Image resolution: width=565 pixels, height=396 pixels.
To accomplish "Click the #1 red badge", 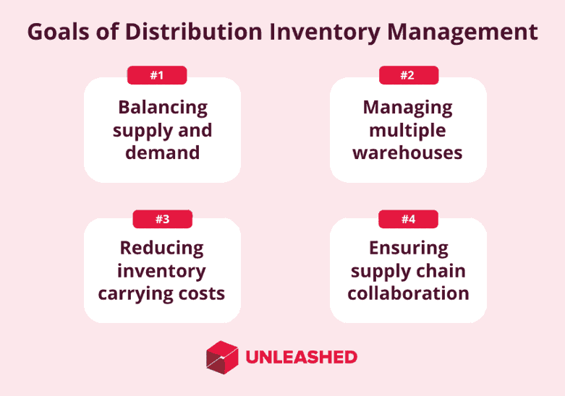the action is (x=157, y=75).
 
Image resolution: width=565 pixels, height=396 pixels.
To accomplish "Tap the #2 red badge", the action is (x=409, y=75).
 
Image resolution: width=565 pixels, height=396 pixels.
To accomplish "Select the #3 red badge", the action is (x=163, y=219).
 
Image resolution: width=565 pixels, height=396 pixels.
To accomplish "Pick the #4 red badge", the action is (x=408, y=219).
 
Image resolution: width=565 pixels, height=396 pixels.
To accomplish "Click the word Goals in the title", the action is (x=59, y=32).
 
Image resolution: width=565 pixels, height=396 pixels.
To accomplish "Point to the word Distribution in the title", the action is (x=194, y=32).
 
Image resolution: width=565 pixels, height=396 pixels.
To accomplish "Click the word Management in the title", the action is (x=462, y=33).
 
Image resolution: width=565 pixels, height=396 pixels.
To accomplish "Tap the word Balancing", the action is (x=163, y=108).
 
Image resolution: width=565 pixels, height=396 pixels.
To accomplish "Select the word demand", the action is (x=163, y=152).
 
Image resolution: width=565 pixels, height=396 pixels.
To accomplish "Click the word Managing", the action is (x=407, y=108).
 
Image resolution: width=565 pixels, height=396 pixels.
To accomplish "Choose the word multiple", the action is (x=407, y=130).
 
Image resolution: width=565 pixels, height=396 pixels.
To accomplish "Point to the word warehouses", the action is (x=407, y=152).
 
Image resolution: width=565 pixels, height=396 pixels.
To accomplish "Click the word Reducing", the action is (x=162, y=249).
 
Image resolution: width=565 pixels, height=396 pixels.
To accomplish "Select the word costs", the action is (x=202, y=294).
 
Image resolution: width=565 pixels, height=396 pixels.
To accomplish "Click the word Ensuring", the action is (x=409, y=249).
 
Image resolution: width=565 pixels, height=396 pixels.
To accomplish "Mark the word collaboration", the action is (x=408, y=293).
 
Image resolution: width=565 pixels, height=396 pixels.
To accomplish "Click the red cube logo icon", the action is (x=222, y=357).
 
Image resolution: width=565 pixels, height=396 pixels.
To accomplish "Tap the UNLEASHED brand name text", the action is (x=301, y=357).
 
